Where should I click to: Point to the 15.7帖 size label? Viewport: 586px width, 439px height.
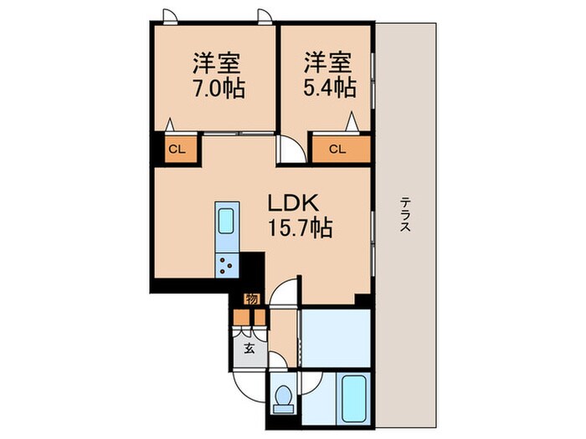[299, 227]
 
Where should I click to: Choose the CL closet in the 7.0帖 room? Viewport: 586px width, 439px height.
[177, 151]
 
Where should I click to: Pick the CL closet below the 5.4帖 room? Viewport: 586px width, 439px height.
[337, 151]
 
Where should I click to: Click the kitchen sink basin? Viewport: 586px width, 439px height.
[227, 221]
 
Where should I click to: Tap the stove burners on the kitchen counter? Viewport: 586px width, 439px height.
[227, 266]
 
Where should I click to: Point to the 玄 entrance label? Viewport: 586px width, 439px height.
[249, 349]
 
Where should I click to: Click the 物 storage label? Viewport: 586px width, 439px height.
[250, 299]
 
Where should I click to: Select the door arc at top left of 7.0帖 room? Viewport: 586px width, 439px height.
[170, 15]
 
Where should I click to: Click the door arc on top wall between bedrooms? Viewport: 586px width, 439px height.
[265, 15]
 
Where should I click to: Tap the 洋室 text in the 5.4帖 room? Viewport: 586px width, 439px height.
[326, 64]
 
